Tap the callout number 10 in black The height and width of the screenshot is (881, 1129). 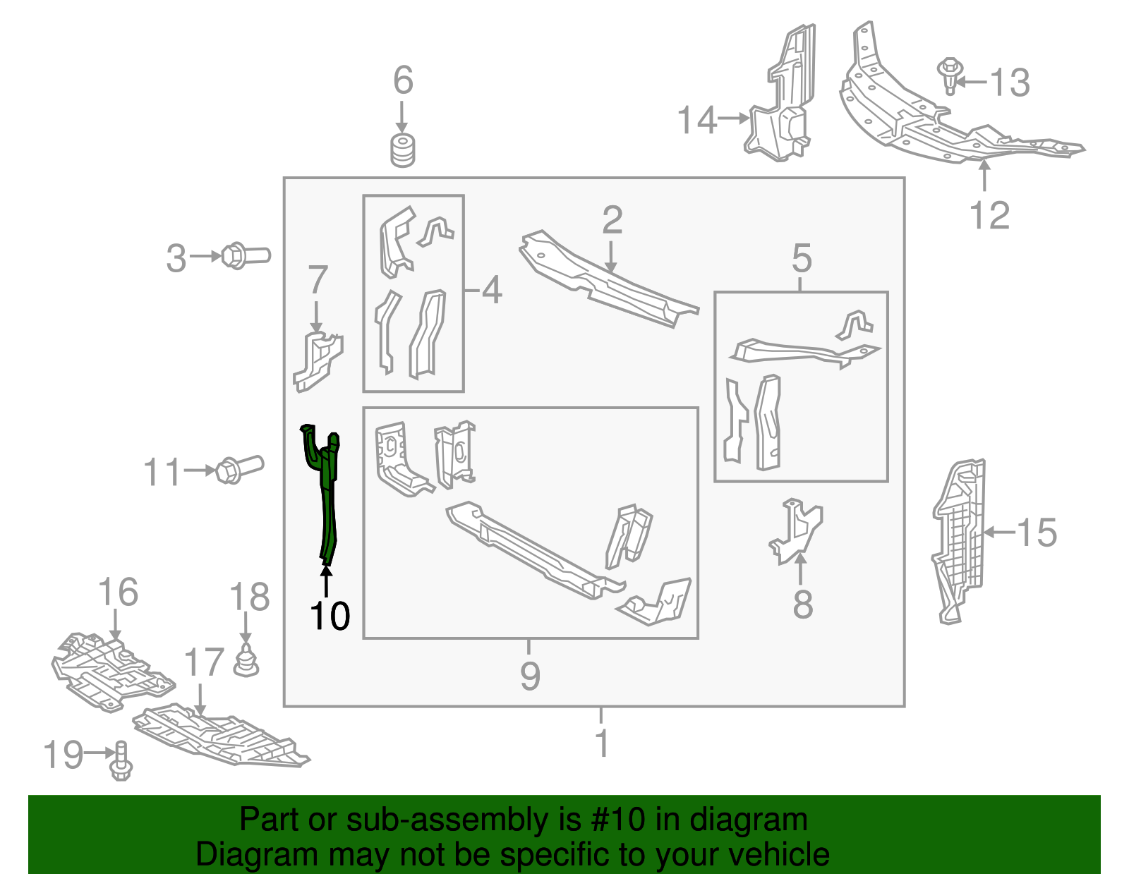click(330, 616)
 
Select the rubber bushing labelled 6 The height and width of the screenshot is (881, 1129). click(403, 150)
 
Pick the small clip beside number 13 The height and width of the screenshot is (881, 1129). click(950, 75)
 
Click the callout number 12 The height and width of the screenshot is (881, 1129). click(989, 215)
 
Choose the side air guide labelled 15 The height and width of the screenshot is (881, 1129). click(958, 540)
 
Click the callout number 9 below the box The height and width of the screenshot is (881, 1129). click(530, 676)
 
